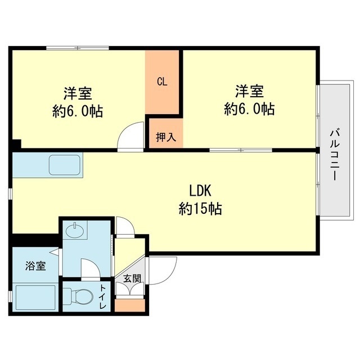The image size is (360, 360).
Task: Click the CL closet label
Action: coord(162,82)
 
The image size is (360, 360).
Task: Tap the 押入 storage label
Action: coord(165,137)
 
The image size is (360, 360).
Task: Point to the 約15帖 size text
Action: coord(200,210)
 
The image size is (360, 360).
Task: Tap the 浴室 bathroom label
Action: coord(35,266)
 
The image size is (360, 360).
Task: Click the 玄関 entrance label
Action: coord(133,277)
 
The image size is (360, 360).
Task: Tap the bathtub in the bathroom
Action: coord(34,297)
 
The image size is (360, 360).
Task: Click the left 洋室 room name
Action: coord(78,92)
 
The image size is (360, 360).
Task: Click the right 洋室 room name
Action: coord(249,91)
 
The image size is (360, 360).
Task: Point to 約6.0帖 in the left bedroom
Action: coord(78,111)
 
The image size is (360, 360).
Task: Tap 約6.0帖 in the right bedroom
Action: coord(249,109)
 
